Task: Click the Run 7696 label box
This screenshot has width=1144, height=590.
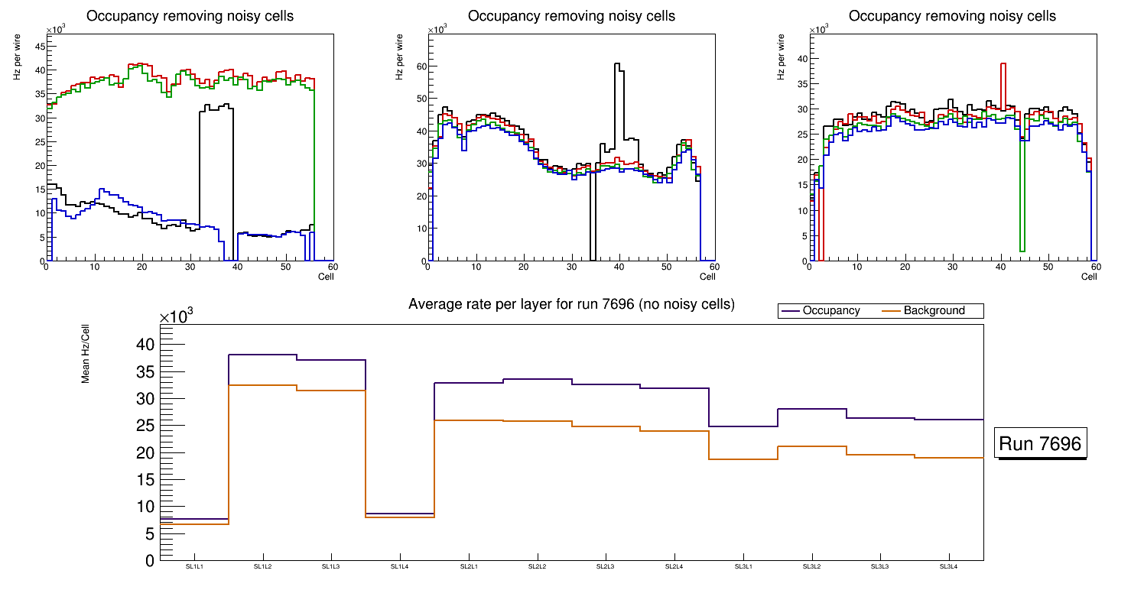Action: pyautogui.click(x=1042, y=444)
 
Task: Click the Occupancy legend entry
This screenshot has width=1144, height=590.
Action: pyautogui.click(x=830, y=311)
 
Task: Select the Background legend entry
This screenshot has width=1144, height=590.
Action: pyautogui.click(x=934, y=311)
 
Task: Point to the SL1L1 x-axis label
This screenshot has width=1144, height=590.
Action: pyautogui.click(x=194, y=567)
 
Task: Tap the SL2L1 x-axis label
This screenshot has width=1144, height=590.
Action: pyautogui.click(x=469, y=567)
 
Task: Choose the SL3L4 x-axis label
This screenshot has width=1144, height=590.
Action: pyautogui.click(x=949, y=567)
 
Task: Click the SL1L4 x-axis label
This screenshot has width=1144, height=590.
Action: pyautogui.click(x=400, y=567)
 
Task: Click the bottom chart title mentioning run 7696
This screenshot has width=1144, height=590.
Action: pyautogui.click(x=571, y=304)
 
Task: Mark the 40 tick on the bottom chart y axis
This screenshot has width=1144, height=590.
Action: pyautogui.click(x=145, y=345)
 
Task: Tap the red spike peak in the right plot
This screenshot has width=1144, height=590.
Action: pyautogui.click(x=1003, y=64)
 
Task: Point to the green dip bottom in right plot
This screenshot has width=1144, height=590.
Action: pyautogui.click(x=1022, y=250)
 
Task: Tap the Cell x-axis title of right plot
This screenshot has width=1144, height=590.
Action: pyautogui.click(x=1089, y=277)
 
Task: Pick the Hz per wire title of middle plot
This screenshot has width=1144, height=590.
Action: pyautogui.click(x=398, y=59)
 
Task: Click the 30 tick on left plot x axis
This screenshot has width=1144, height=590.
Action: pyautogui.click(x=190, y=267)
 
